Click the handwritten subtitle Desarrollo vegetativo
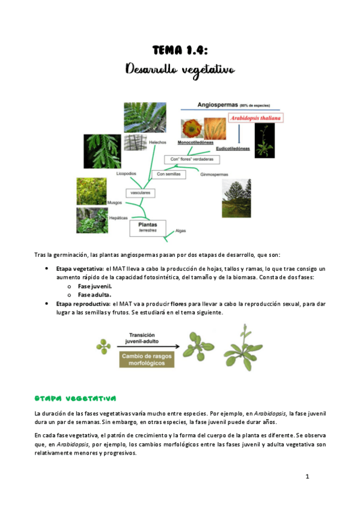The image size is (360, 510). click(180, 70)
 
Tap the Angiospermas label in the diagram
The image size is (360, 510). click(221, 105)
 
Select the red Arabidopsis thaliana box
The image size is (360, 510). click(255, 118)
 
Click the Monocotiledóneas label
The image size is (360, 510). click(197, 143)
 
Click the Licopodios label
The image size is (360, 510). click(127, 173)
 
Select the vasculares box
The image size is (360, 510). click(141, 193)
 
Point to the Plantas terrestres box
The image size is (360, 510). click(147, 227)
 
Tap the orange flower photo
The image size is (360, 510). click(191, 127)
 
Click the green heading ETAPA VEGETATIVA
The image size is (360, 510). click(75, 398)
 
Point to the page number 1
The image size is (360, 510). click(307, 477)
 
